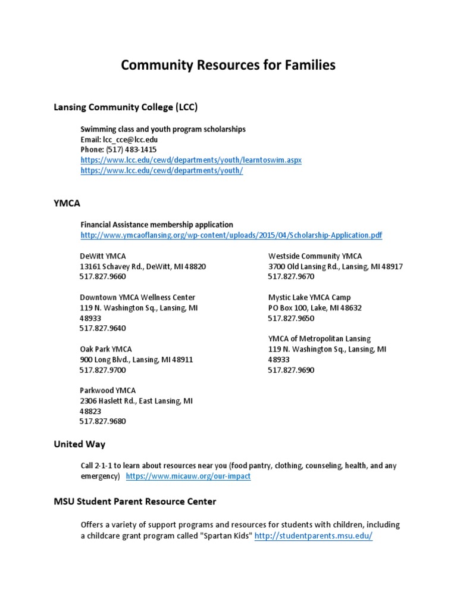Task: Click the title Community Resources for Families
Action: [228, 65]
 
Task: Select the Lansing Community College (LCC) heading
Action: [126, 107]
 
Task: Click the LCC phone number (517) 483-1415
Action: [118, 150]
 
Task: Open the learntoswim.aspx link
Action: [191, 160]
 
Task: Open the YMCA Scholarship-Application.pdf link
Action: [231, 235]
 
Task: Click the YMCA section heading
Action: [67, 203]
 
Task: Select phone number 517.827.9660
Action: [102, 277]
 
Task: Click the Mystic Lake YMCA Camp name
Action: [309, 297]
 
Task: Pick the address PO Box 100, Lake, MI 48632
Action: [314, 308]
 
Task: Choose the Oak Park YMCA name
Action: [106, 349]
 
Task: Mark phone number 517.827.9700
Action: [102, 370]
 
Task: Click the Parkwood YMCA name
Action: [108, 390]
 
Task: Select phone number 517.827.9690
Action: [290, 370]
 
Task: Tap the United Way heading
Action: [79, 444]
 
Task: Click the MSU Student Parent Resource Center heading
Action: [135, 502]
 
